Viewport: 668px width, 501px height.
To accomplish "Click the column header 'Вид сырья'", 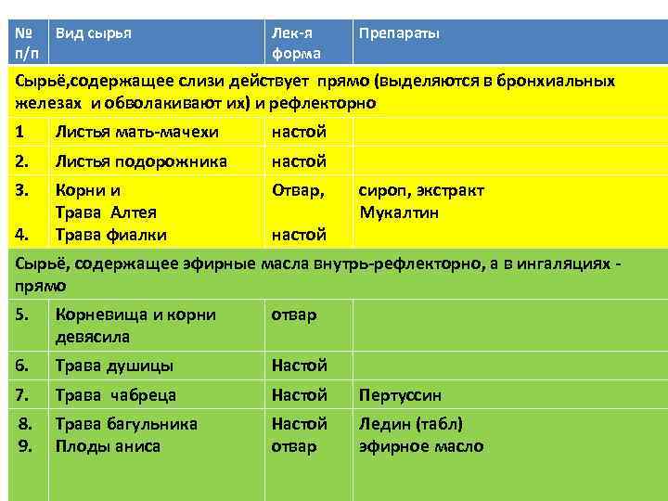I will [93, 32].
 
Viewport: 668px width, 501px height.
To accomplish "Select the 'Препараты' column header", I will [399, 32].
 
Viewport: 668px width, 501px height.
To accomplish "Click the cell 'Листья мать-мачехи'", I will [127, 132].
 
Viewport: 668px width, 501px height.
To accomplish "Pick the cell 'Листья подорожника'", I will [141, 161].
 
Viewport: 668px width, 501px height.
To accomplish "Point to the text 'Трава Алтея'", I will [106, 212].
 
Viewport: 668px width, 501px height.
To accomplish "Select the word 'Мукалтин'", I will [399, 212].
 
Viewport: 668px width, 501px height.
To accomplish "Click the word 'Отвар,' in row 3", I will [298, 190].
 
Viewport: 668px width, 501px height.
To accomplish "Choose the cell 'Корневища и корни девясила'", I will [135, 325].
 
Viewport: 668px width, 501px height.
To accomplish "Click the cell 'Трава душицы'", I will [115, 366].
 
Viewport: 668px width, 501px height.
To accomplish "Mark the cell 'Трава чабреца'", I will [116, 395].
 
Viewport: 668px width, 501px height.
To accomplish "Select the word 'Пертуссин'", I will [400, 395].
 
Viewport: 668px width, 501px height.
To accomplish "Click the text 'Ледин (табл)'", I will [410, 424].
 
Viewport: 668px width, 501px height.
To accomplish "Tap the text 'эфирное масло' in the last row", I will [421, 446].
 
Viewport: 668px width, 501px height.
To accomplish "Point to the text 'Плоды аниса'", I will [108, 446].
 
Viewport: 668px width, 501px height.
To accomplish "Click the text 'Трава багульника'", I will [126, 424].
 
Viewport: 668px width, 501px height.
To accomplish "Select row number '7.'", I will [24, 395].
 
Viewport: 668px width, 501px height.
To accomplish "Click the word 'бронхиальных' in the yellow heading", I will [557, 81].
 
